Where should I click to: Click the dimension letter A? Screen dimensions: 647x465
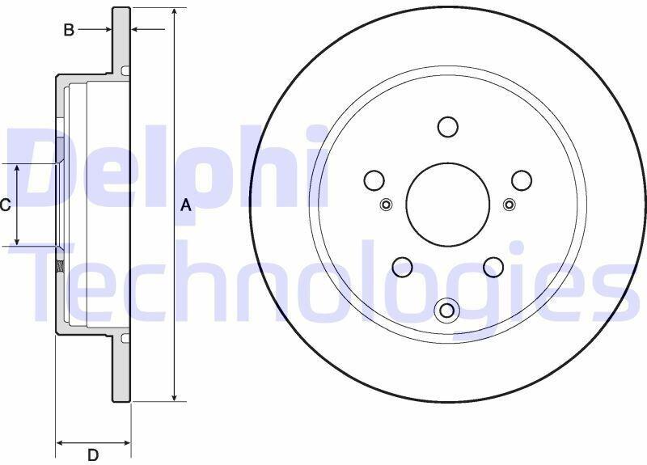(186, 205)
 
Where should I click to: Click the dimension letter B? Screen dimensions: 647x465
(69, 30)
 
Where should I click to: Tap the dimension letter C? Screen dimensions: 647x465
(5, 205)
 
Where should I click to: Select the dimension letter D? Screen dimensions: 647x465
(94, 455)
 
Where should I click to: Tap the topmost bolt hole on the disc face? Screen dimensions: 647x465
(448, 127)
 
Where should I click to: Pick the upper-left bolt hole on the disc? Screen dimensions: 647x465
(374, 180)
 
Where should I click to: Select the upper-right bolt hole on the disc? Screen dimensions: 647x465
(522, 180)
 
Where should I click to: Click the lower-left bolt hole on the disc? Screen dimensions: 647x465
(402, 267)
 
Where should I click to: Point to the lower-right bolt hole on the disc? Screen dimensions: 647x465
(493, 267)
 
